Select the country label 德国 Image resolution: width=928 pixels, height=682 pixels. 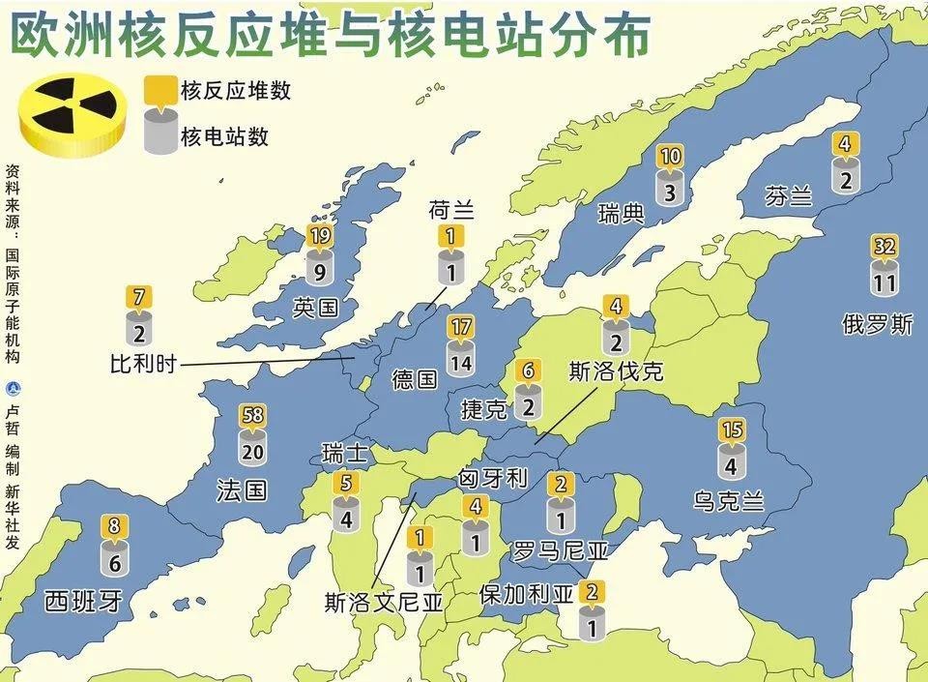point(415,378)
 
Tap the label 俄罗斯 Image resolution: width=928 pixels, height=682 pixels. point(878,325)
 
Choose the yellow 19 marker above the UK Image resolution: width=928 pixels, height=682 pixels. point(319,235)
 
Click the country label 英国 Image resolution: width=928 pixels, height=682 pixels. point(315,309)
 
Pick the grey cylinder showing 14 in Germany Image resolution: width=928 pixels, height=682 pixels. point(461,362)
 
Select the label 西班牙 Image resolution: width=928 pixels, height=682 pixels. point(83,602)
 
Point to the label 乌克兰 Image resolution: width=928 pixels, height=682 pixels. point(729,500)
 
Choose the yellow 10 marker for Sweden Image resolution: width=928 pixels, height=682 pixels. point(670,157)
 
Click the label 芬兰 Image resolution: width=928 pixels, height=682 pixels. point(788,197)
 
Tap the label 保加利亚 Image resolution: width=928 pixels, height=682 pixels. point(526,594)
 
